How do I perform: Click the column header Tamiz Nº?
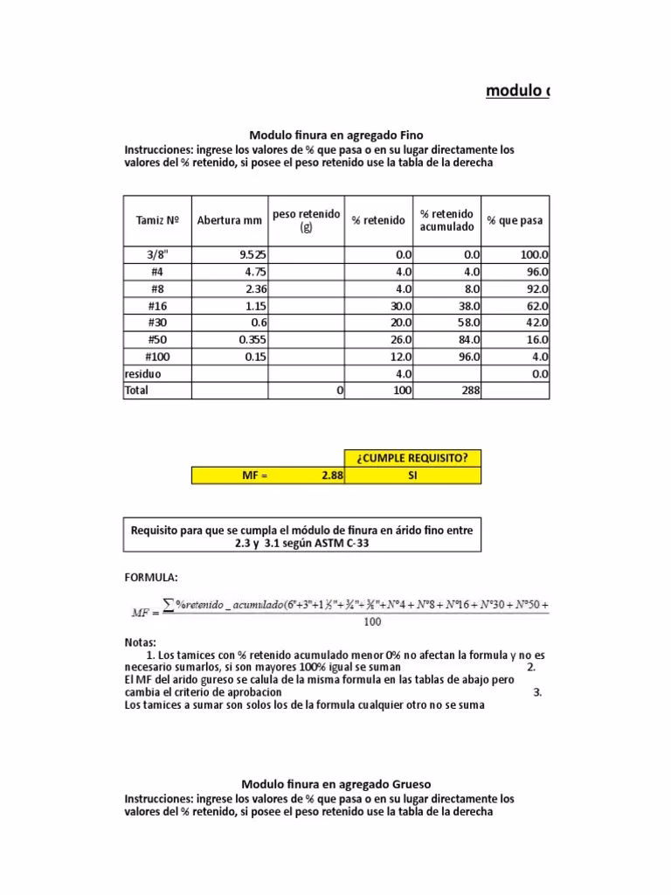(157, 220)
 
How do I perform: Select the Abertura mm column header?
(230, 220)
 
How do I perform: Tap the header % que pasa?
(515, 220)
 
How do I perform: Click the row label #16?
(157, 306)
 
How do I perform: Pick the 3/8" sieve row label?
(157, 254)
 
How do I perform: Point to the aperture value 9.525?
(252, 254)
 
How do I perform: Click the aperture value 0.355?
(252, 339)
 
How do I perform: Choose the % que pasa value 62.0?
(535, 306)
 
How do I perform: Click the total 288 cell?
(470, 391)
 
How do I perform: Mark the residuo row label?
(143, 373)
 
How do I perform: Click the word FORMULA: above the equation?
(151, 578)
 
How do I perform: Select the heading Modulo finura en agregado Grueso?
(335, 784)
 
